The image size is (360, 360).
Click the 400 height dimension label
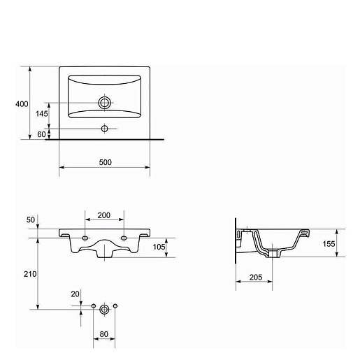click(22, 104)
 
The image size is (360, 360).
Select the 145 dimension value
click(42, 114)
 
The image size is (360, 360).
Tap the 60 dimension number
click(41, 134)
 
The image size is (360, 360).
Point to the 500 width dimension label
click(106, 162)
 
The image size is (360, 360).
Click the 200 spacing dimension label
click(104, 215)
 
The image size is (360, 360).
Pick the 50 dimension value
click(31, 219)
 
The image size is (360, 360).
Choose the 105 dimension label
click(159, 247)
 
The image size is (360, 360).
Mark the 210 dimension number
click(30, 274)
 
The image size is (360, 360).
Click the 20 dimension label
click(75, 294)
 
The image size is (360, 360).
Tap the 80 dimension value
click(103, 334)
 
